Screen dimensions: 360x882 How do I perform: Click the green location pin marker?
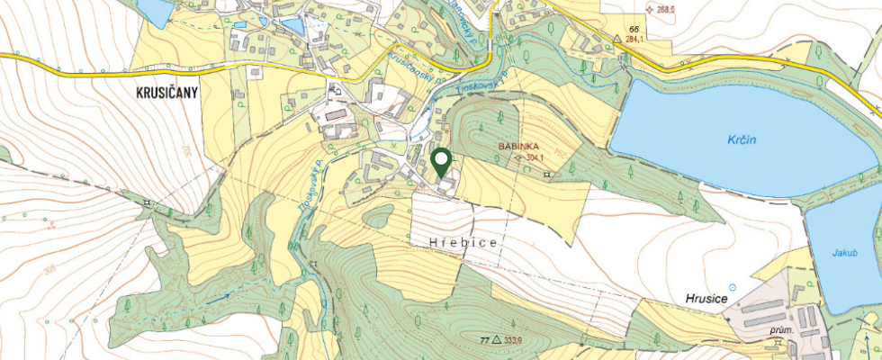[441, 162]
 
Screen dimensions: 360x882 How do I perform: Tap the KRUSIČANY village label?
[168, 92]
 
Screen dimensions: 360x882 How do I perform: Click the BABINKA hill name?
[518, 145]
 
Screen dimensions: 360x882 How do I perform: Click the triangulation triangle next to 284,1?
[617, 39]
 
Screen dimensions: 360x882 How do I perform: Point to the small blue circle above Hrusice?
[732, 287]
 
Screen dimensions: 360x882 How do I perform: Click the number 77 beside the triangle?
[484, 340]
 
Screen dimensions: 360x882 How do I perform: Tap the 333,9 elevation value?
[514, 340]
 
